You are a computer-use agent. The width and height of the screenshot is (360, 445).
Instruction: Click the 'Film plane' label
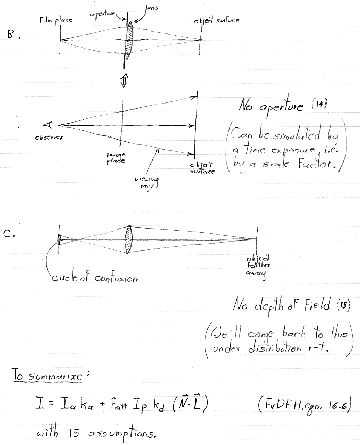(x=55, y=20)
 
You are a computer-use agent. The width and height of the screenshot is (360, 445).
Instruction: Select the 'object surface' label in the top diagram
(x=216, y=21)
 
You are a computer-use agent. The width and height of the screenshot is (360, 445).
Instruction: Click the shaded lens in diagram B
(x=130, y=40)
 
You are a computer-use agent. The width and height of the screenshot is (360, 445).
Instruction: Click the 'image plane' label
(x=116, y=158)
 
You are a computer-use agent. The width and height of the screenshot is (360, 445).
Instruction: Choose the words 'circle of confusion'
(x=94, y=278)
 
